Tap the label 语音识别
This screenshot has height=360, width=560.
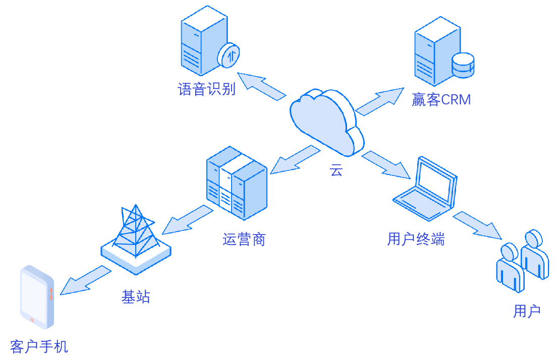click(x=206, y=89)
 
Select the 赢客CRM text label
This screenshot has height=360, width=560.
click(x=441, y=100)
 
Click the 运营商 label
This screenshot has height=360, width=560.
click(x=244, y=239)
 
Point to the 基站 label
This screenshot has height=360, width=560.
click(x=136, y=296)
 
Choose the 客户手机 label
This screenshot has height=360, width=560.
click(x=39, y=346)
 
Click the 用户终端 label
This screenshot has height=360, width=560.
click(x=416, y=239)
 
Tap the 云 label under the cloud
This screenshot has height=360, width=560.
click(x=336, y=170)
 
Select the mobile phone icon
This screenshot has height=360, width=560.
click(x=37, y=297)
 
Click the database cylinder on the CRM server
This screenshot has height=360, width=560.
click(x=463, y=65)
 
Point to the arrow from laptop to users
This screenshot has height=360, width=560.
click(x=477, y=225)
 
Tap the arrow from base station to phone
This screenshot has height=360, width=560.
click(x=85, y=280)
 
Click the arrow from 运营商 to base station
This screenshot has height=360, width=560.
click(x=188, y=220)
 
